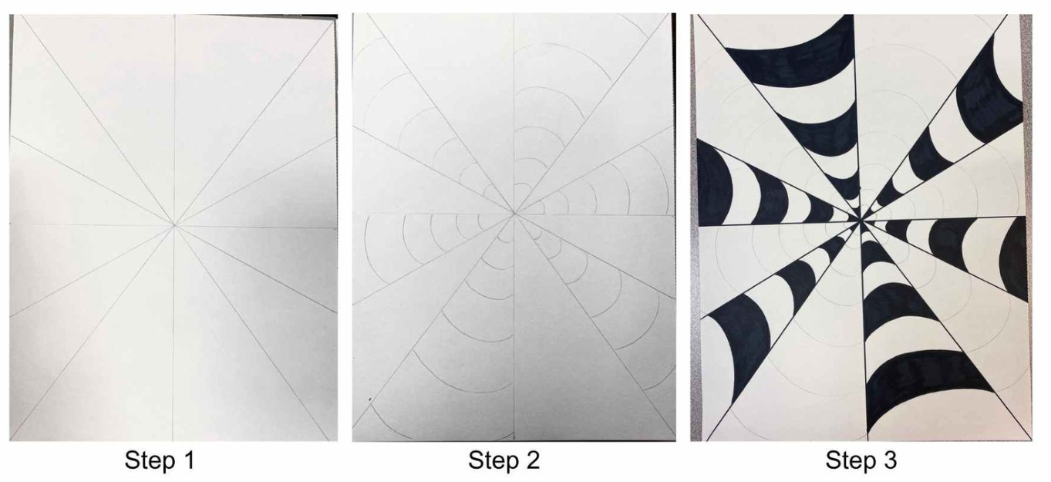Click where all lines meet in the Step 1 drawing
pos(174,226)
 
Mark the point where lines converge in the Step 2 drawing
pos(514,214)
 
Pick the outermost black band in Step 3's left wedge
pos(713,185)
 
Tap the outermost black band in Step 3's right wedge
pos(1013,258)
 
